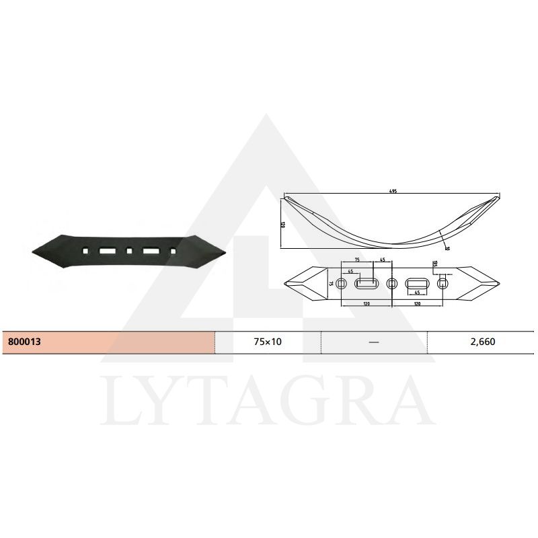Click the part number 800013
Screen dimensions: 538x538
[x=26, y=342]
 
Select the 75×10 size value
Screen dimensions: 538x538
[x=267, y=342]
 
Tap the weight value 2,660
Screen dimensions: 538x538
[x=483, y=342]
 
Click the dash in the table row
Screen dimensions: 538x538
[x=375, y=342]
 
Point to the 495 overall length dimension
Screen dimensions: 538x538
[x=393, y=192]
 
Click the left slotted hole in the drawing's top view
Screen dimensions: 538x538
[x=367, y=283]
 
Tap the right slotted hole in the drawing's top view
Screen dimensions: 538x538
[x=417, y=283]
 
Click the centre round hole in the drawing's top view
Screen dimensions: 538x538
[x=391, y=283]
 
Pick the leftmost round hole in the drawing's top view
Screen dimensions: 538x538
[x=342, y=283]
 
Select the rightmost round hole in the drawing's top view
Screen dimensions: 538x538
[x=442, y=283]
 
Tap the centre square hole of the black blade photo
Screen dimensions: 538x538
[x=128, y=251]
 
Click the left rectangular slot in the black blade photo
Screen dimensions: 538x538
[x=107, y=251]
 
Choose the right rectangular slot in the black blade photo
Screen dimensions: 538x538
[x=150, y=251]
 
